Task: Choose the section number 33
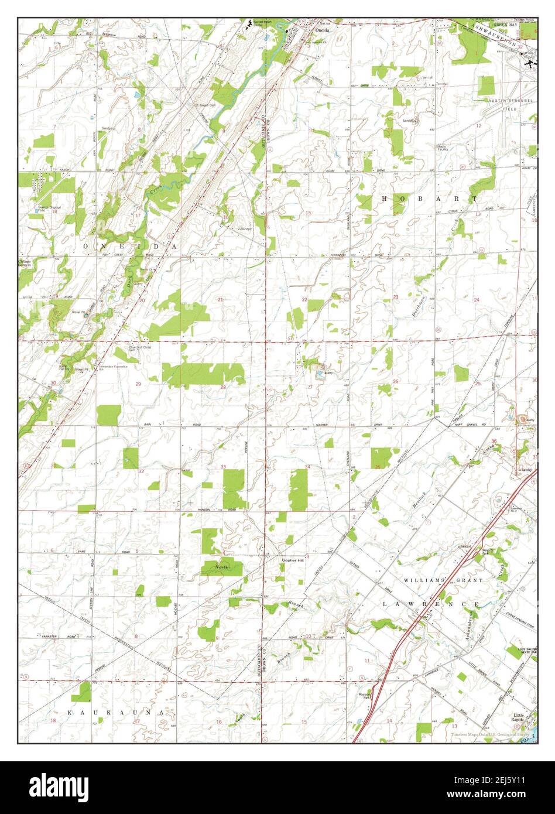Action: point(223,467)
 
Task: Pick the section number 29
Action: point(138,384)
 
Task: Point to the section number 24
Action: point(477,300)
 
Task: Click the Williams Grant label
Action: point(443,580)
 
